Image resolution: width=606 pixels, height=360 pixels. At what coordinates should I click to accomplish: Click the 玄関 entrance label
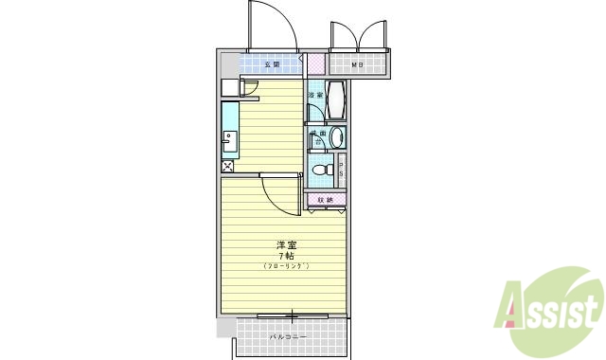(271, 64)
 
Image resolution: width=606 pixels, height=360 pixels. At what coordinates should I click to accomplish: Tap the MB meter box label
(357, 65)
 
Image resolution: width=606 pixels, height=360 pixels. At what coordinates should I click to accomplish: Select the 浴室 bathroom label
(315, 96)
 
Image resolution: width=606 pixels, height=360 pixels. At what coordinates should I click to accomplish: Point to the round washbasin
(337, 139)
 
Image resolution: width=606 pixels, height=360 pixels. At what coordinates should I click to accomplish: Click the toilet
(322, 171)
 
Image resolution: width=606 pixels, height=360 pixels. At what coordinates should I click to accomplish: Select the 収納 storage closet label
(325, 200)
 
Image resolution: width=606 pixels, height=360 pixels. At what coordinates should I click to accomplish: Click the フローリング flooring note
(286, 266)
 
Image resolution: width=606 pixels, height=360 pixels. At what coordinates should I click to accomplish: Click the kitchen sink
(230, 142)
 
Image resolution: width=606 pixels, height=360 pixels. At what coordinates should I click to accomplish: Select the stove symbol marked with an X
(228, 167)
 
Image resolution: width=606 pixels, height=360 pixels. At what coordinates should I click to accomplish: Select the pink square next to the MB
(315, 64)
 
